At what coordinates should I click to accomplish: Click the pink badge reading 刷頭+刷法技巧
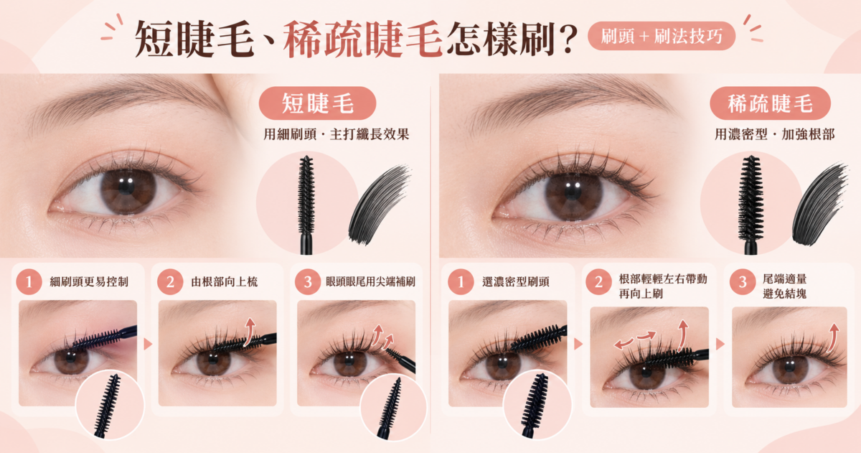661,36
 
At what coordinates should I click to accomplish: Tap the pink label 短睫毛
317,103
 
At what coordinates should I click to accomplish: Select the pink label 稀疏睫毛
770,103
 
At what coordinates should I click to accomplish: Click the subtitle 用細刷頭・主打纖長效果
337,134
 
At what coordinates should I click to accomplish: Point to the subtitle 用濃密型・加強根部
774,134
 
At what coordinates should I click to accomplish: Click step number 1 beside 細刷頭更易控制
29,282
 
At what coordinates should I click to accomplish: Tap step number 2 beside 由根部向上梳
170,282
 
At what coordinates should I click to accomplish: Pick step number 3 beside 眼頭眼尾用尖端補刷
308,282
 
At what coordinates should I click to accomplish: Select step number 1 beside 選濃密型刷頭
461,282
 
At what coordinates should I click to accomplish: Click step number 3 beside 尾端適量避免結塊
742,282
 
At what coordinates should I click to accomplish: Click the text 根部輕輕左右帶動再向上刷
663,286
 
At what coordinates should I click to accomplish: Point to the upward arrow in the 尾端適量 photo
833,337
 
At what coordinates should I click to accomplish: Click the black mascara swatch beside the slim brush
379,205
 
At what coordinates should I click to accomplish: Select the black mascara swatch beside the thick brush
819,205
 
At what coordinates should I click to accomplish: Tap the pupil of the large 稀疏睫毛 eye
573,191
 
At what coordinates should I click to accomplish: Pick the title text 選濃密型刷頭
516,282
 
